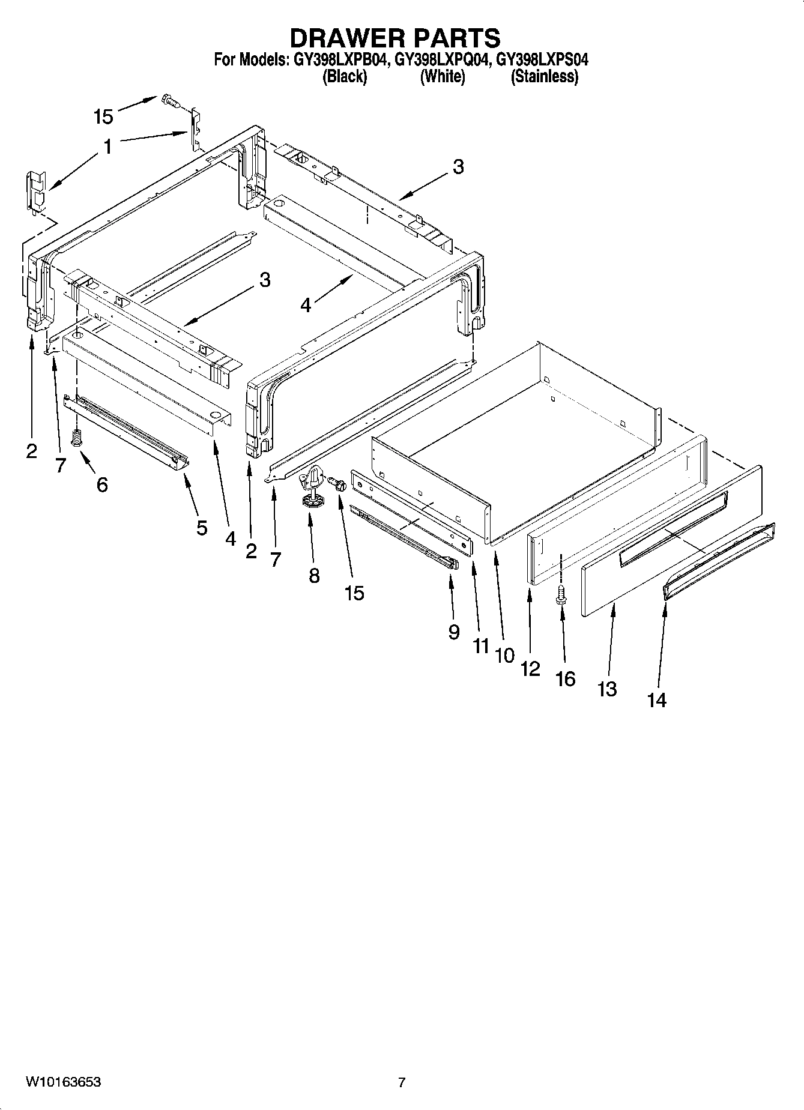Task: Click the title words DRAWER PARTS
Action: (394, 38)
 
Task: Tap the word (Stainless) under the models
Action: (544, 76)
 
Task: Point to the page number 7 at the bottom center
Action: (402, 1082)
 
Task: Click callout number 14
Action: (657, 699)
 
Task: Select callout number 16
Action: (566, 678)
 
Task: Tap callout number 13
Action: (607, 689)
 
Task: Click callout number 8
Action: (314, 576)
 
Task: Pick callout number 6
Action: (102, 484)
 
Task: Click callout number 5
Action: (202, 528)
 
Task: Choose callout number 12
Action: (530, 668)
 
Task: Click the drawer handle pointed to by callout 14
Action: (719, 561)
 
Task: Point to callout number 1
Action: (107, 146)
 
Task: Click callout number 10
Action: (505, 655)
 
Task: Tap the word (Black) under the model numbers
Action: (345, 76)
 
